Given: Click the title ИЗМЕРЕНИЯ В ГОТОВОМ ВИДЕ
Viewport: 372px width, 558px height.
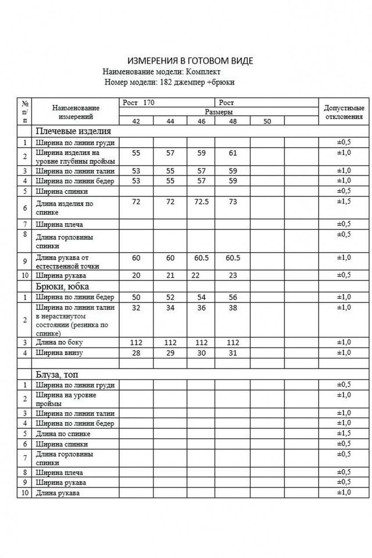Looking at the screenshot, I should tap(190, 61).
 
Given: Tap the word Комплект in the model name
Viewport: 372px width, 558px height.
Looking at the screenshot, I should tap(203, 72).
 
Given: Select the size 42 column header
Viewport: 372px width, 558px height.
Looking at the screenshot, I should tap(136, 122).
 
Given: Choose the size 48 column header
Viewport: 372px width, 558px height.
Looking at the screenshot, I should tap(232, 122).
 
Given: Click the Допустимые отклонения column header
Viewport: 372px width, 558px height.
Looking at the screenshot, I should tap(343, 112).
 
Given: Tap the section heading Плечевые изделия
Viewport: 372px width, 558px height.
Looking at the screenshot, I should tap(73, 131).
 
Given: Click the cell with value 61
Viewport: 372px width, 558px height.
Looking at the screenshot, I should tap(232, 153).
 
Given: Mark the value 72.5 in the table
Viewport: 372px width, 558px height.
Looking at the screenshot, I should tap(201, 202).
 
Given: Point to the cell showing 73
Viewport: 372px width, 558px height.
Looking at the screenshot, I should tap(232, 202).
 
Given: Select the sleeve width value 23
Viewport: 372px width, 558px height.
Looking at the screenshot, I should tap(232, 275).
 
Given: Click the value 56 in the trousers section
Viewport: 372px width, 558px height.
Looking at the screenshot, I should tap(232, 297).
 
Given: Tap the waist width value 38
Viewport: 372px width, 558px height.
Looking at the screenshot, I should tap(232, 308).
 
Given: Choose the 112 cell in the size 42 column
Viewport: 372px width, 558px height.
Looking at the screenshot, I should tap(136, 342).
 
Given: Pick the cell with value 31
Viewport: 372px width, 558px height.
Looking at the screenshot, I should tap(232, 353).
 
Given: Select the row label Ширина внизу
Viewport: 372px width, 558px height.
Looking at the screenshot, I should tap(59, 353).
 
